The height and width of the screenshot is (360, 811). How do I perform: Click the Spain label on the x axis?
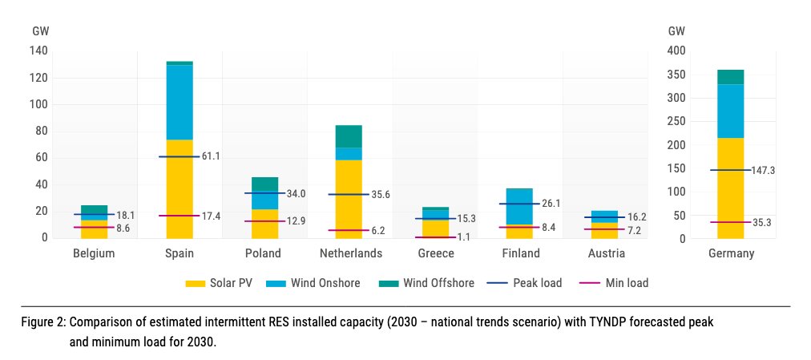[180, 253]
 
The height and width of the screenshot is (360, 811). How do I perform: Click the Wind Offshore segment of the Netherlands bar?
[349, 136]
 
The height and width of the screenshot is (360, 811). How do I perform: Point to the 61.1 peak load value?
[211, 156]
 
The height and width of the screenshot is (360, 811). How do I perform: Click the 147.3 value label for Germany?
[764, 170]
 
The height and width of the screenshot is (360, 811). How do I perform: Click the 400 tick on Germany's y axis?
[677, 51]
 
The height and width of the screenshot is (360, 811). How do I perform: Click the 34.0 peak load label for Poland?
[296, 193]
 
